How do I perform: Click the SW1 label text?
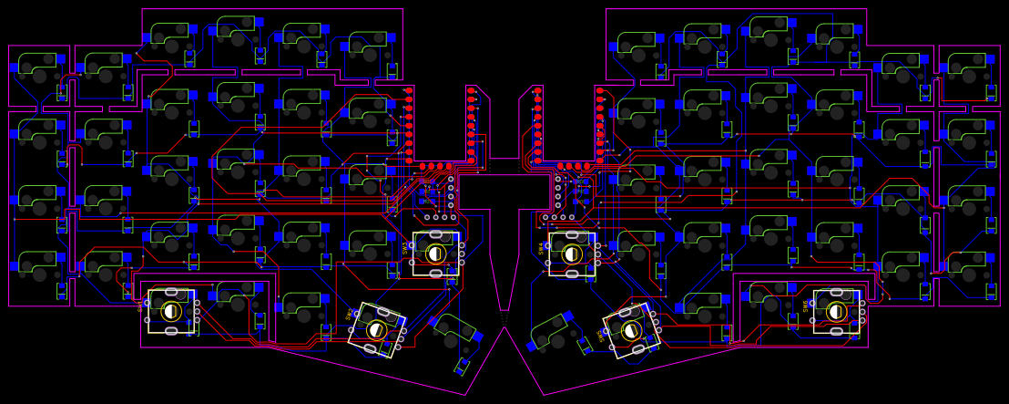pos(141,307)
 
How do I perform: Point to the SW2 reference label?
pos(350,314)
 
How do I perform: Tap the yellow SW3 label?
pos(405,247)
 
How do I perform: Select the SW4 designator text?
pos(541,247)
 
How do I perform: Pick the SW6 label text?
pos(806,305)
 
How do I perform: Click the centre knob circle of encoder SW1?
pos(171,312)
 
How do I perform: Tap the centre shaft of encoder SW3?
pos(436,254)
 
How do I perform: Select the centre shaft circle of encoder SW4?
pos(572,254)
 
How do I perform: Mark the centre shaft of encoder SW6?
pos(837,312)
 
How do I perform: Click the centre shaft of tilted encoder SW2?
pos(376,330)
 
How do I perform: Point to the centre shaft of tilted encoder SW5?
pos(632,330)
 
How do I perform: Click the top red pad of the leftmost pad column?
pos(409,90)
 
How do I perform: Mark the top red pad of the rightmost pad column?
pos(599,90)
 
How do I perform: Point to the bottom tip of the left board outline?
pos(466,395)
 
